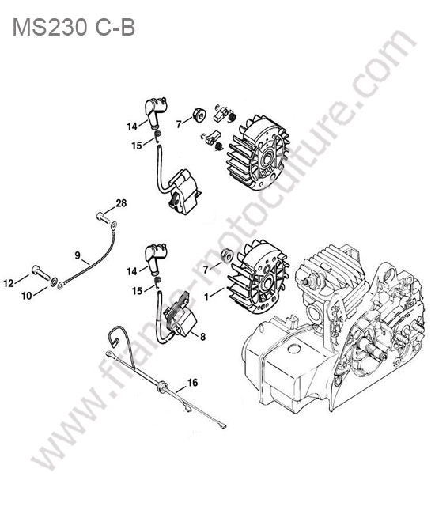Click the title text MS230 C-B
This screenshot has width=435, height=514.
point(74,27)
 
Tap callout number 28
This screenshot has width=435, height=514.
point(121,203)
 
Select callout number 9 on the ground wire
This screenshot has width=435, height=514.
point(78,255)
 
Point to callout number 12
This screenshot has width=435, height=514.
point(9,283)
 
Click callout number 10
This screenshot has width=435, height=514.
point(27,296)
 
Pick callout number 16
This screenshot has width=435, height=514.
point(193,383)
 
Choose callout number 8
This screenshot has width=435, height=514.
point(203,336)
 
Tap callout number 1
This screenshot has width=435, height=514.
point(206,297)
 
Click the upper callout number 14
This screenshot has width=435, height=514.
point(132,127)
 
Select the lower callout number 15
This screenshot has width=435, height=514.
point(138,291)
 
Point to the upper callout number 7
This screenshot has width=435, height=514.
point(179,124)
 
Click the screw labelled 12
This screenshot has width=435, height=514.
point(40,273)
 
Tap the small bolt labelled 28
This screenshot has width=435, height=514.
point(102,217)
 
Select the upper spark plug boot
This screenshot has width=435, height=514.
point(156,111)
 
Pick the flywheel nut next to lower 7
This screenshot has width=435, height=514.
point(226,255)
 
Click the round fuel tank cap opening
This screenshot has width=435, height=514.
point(294,349)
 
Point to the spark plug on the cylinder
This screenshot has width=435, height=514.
point(314,281)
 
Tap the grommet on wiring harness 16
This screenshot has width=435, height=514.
point(162,385)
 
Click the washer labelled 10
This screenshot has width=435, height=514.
point(53,282)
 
